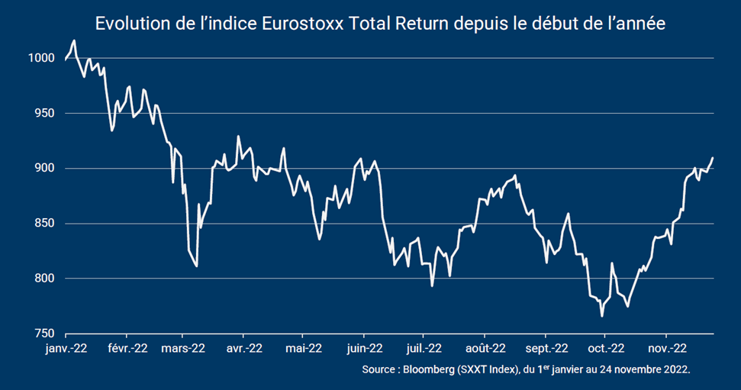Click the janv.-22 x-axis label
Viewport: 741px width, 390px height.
coord(66,348)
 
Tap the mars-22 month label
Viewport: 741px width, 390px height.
coord(182,348)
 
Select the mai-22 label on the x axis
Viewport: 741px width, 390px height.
coord(303,348)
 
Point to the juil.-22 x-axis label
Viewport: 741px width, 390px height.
coord(424,348)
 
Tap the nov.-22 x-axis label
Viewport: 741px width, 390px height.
coord(666,348)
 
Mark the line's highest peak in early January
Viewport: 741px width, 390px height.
coord(74,40)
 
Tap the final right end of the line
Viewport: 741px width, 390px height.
coord(713,158)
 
